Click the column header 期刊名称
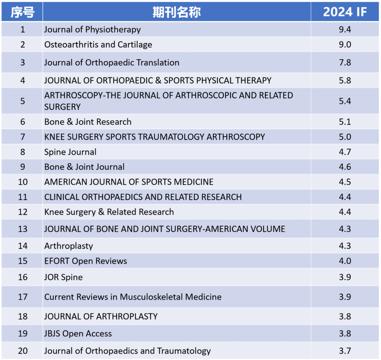coord(176,12)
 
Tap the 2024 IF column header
coord(345,12)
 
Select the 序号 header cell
coord(22,12)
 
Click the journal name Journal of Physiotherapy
coord(92,29)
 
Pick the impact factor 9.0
coord(345,44)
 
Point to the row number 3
coord(23,62)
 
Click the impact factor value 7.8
coord(345,62)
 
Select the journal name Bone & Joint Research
coord(88,122)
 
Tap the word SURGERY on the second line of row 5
coord(62,107)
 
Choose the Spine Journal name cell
coord(70,152)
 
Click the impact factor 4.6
coord(345,167)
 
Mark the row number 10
coord(23,182)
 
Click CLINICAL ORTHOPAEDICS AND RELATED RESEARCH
coord(143,197)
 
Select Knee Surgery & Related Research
coord(109,212)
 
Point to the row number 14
coord(23,246)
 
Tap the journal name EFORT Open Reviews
coord(85,261)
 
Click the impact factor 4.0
coord(345,261)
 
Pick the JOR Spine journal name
coord(64,277)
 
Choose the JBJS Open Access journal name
coord(78,334)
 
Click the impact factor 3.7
coord(345,351)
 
